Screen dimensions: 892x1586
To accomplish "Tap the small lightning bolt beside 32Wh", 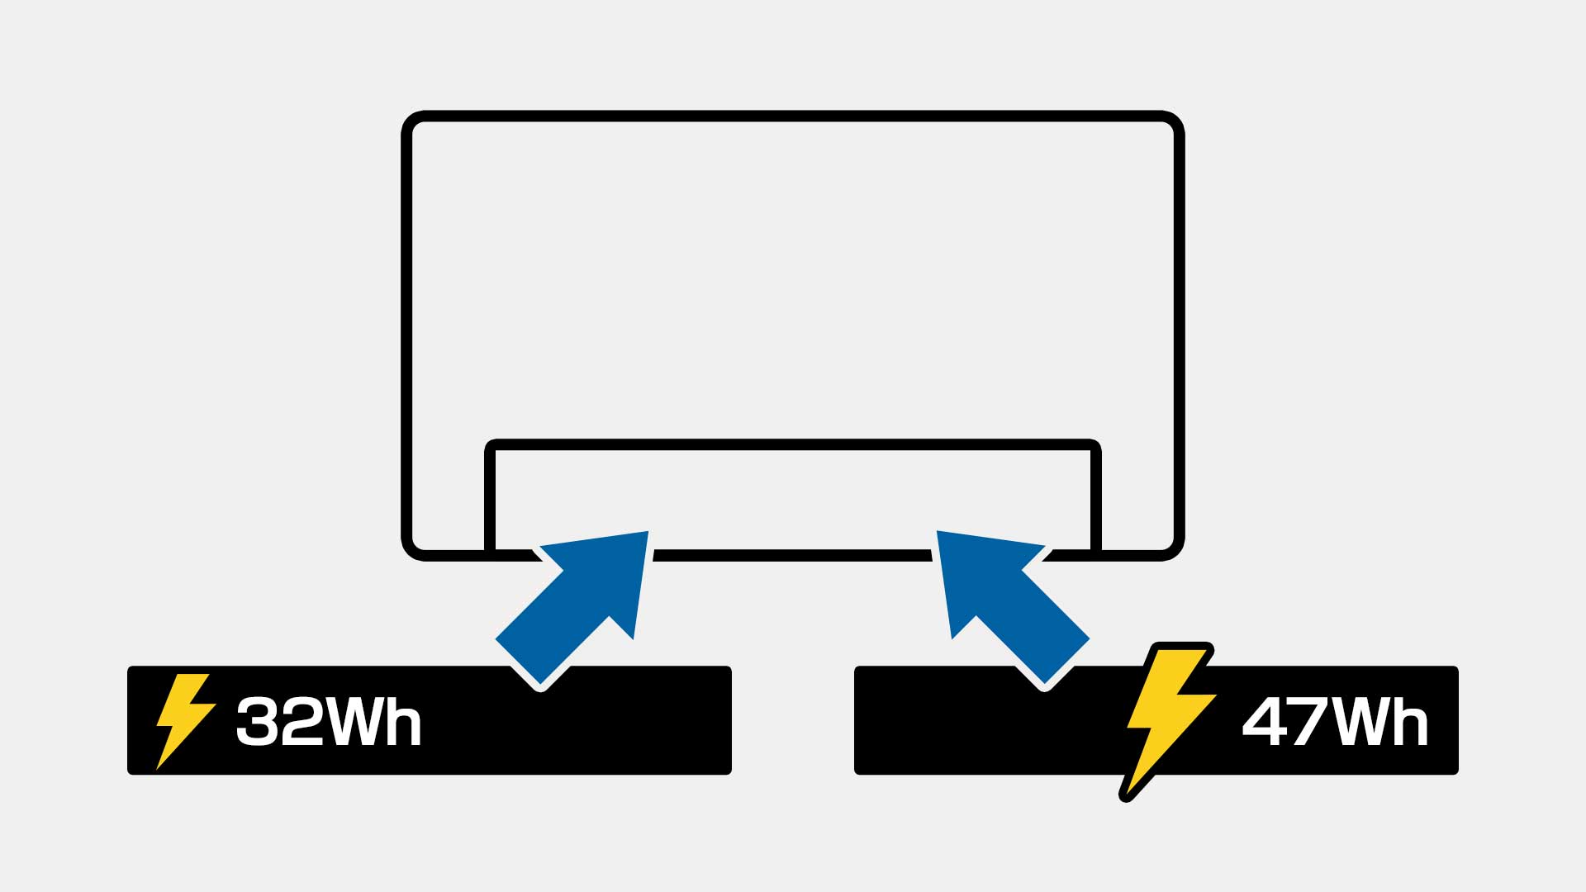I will [183, 720].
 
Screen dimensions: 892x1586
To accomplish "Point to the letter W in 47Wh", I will [1359, 722].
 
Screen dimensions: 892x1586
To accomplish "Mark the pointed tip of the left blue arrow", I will [646, 534].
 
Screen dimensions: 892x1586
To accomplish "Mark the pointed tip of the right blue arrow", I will [939, 534].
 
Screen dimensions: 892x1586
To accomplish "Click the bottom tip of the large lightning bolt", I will [1124, 796].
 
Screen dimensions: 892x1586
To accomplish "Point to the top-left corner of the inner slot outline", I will [491, 446].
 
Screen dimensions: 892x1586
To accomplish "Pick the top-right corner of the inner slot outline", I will [1095, 446].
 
